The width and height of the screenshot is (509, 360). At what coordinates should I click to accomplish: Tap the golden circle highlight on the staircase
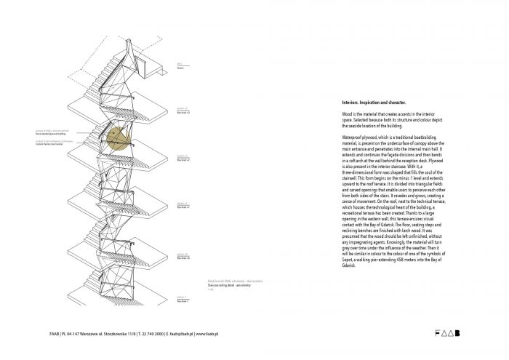119,137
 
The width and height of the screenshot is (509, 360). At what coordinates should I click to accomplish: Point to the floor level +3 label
183,113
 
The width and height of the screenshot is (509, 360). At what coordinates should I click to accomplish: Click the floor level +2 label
183,159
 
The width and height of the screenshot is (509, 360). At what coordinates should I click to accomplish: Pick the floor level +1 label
183,207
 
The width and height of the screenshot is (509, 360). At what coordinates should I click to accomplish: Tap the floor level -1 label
182,300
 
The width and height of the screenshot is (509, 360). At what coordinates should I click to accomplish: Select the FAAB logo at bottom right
446,334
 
